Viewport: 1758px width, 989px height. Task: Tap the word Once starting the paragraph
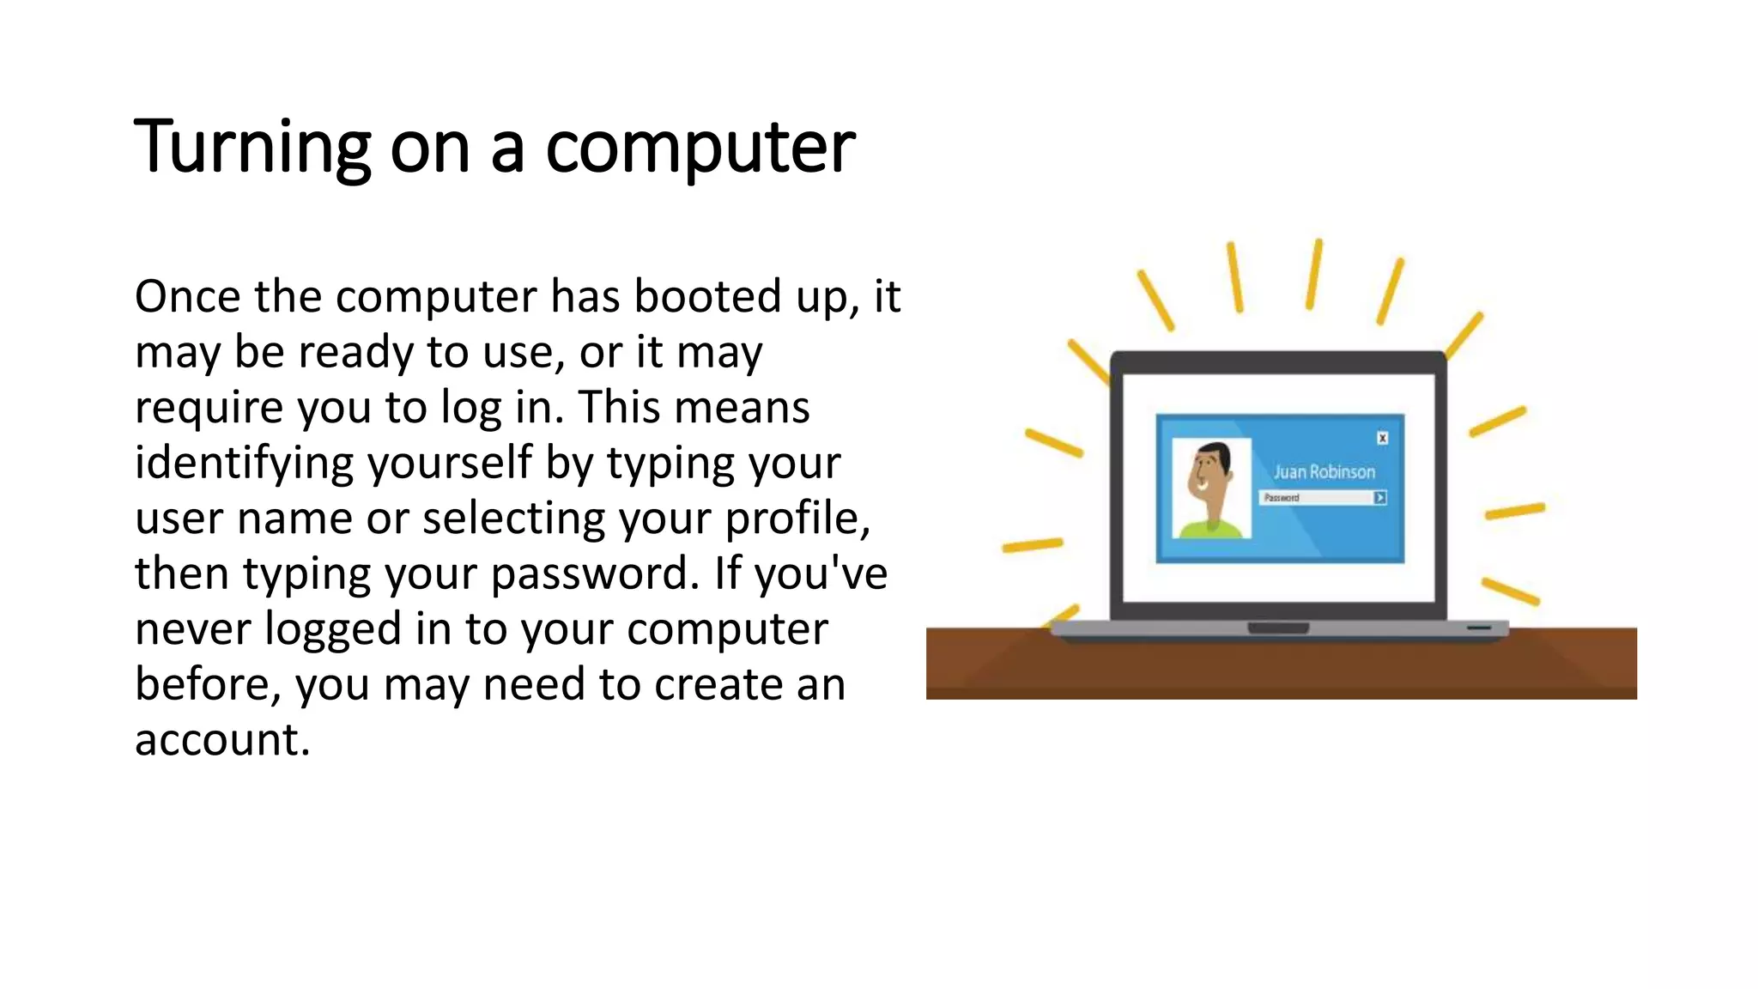187,296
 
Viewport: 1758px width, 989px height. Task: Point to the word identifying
244,463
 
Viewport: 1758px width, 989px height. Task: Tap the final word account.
221,740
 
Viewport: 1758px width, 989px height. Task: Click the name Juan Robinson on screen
1324,472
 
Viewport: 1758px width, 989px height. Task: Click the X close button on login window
1382,439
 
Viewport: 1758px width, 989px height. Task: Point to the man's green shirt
1210,528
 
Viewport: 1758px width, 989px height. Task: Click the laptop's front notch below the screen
1278,628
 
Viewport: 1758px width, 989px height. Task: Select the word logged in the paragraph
332,629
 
